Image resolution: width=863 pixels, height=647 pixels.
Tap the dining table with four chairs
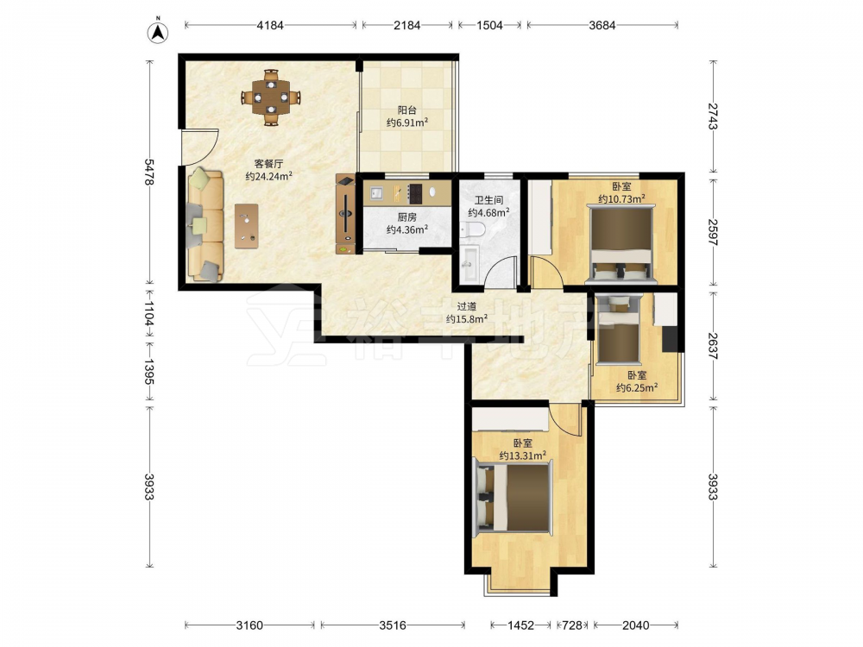click(271, 98)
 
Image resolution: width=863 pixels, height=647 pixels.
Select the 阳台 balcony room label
click(407, 110)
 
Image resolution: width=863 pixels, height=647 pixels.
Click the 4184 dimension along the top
click(270, 25)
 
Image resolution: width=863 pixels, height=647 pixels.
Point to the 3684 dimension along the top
click(602, 25)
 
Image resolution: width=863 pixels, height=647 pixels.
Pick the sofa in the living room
click(205, 225)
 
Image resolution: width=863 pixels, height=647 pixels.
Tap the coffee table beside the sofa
click(247, 226)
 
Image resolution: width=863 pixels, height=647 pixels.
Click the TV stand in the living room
click(346, 214)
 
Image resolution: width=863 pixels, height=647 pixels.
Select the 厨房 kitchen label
click(407, 217)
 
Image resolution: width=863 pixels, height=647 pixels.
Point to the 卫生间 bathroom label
click(488, 200)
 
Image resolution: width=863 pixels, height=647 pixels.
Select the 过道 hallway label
click(467, 307)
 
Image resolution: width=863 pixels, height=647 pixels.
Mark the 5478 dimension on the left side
click(149, 172)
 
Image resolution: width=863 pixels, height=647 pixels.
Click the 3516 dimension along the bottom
click(393, 625)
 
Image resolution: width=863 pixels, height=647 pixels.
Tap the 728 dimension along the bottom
click(572, 625)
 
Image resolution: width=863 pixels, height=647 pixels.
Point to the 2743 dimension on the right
click(713, 116)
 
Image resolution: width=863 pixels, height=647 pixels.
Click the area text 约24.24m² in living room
click(268, 177)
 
